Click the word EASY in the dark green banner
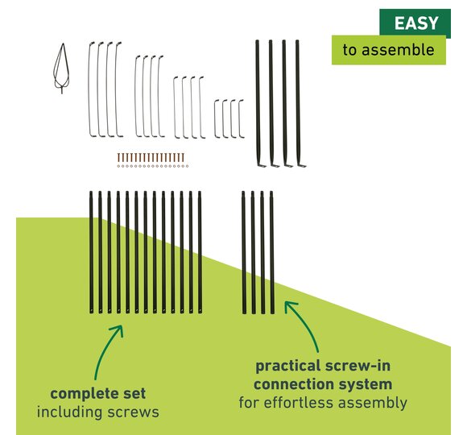pyautogui.click(x=416, y=23)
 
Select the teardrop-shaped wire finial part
pyautogui.click(x=62, y=68)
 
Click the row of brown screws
pyautogui.click(x=151, y=157)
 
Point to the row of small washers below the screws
pyautogui.click(x=153, y=166)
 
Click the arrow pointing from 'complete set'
pyautogui.click(x=105, y=349)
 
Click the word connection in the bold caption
pyautogui.click(x=295, y=384)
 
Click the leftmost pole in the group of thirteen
pyautogui.click(x=91, y=252)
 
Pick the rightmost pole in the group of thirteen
pyautogui.click(x=200, y=252)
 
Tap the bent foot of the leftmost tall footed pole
pyautogui.click(x=262, y=165)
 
